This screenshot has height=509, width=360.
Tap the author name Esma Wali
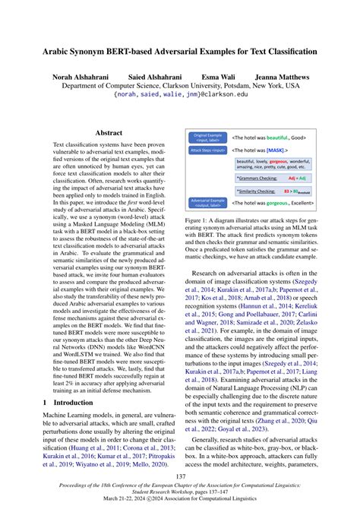pos(219,77)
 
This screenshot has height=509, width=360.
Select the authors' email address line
pos(180,96)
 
